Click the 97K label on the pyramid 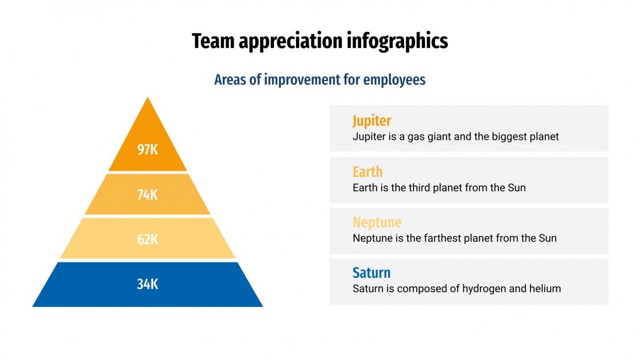pos(148,150)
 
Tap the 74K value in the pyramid pos(148,195)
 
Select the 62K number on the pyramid pos(148,239)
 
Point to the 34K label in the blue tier pos(148,284)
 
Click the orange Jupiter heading pos(372,121)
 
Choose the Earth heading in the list pos(367,171)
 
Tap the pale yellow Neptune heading pos(377,222)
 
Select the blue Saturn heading pos(371,273)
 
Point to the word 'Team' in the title pos(213,42)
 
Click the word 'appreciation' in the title pos(290,42)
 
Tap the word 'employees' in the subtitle pos(394,79)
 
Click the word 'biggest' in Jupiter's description pos(508,137)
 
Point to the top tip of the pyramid pos(148,99)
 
